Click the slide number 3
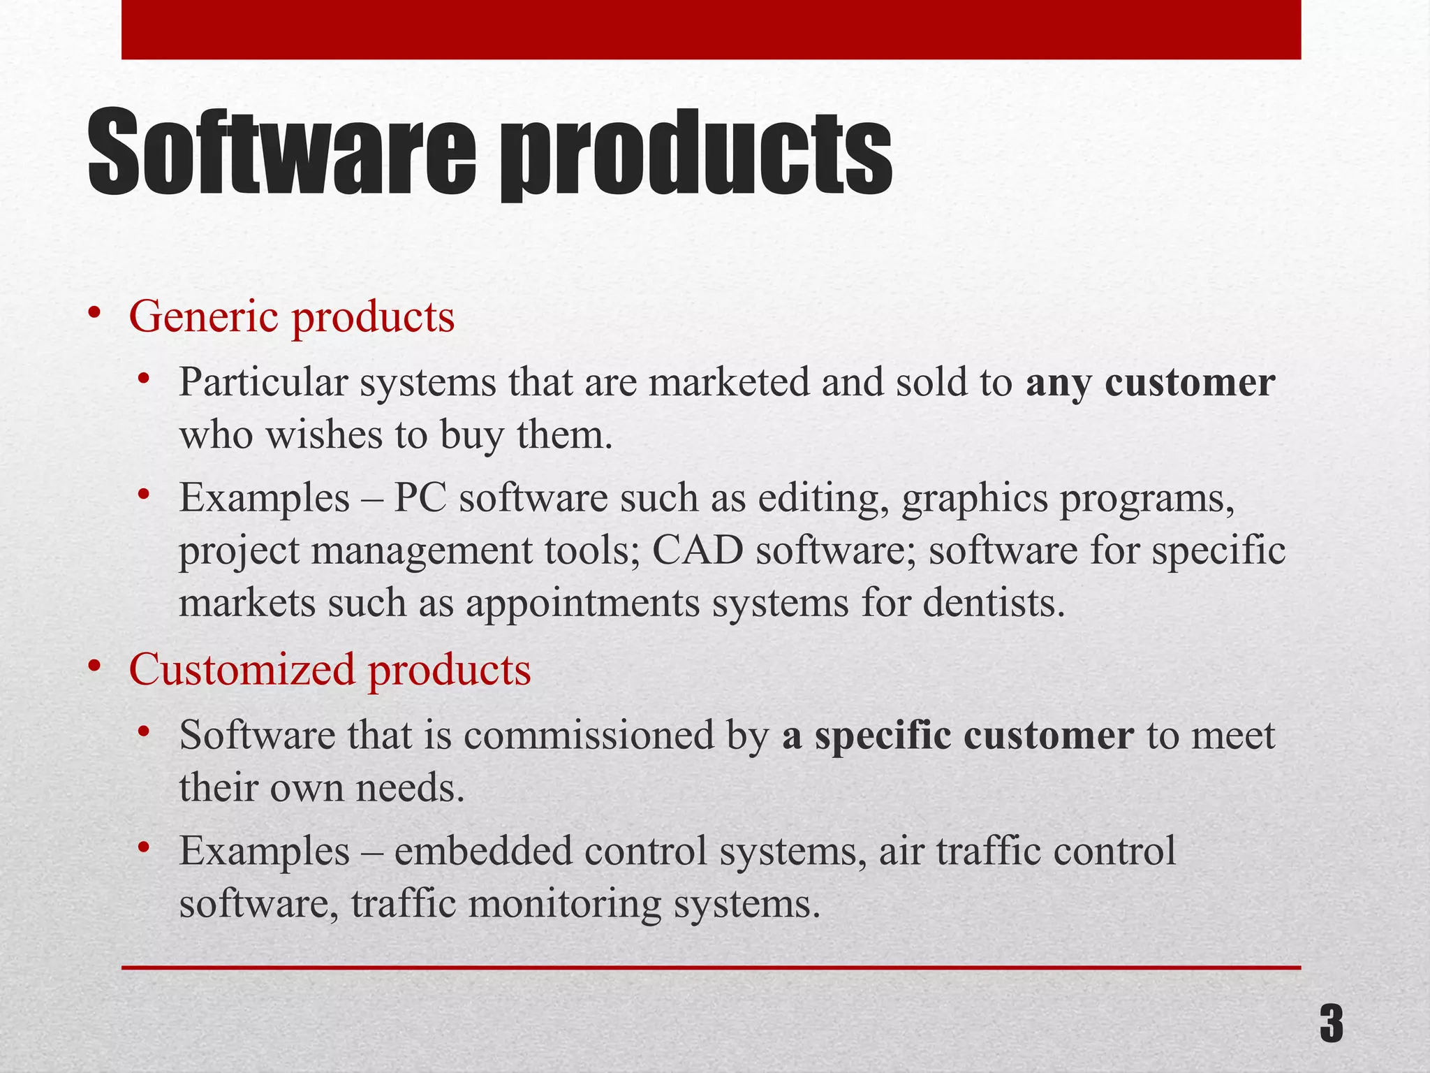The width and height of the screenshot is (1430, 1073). point(1331,1023)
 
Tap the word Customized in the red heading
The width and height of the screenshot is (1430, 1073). point(242,669)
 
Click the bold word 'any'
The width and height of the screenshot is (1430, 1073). point(1059,384)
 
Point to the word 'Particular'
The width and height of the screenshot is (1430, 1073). point(263,383)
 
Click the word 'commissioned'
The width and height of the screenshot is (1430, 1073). point(588,736)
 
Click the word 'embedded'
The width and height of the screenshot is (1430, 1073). point(482,852)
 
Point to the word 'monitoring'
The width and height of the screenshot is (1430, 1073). point(564,904)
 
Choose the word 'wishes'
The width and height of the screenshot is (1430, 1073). point(324,435)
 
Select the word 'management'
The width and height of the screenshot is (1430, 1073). point(426,551)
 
